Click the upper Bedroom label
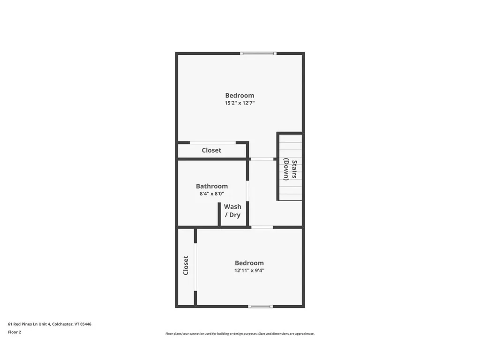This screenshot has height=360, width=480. (240, 96)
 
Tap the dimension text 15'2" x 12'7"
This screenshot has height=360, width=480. (240, 104)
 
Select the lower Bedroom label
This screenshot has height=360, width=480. (249, 263)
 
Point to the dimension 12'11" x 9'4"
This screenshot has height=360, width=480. (249, 271)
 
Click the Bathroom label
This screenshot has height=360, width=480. (212, 186)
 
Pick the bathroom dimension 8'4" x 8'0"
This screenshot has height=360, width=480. (212, 194)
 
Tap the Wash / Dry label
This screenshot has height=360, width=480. (232, 211)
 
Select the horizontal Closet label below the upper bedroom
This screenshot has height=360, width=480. (211, 150)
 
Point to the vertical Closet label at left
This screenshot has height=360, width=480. (186, 265)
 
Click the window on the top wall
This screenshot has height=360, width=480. (258, 53)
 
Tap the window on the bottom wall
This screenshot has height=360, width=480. (260, 307)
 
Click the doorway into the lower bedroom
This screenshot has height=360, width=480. (262, 227)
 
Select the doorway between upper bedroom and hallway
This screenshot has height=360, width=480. (261, 159)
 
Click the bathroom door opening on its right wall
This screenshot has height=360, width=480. (248, 197)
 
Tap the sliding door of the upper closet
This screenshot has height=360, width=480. (212, 142)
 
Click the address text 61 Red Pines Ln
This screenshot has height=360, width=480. (50, 324)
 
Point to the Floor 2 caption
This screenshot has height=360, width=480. (15, 332)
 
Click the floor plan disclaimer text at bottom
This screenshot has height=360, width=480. (240, 334)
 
